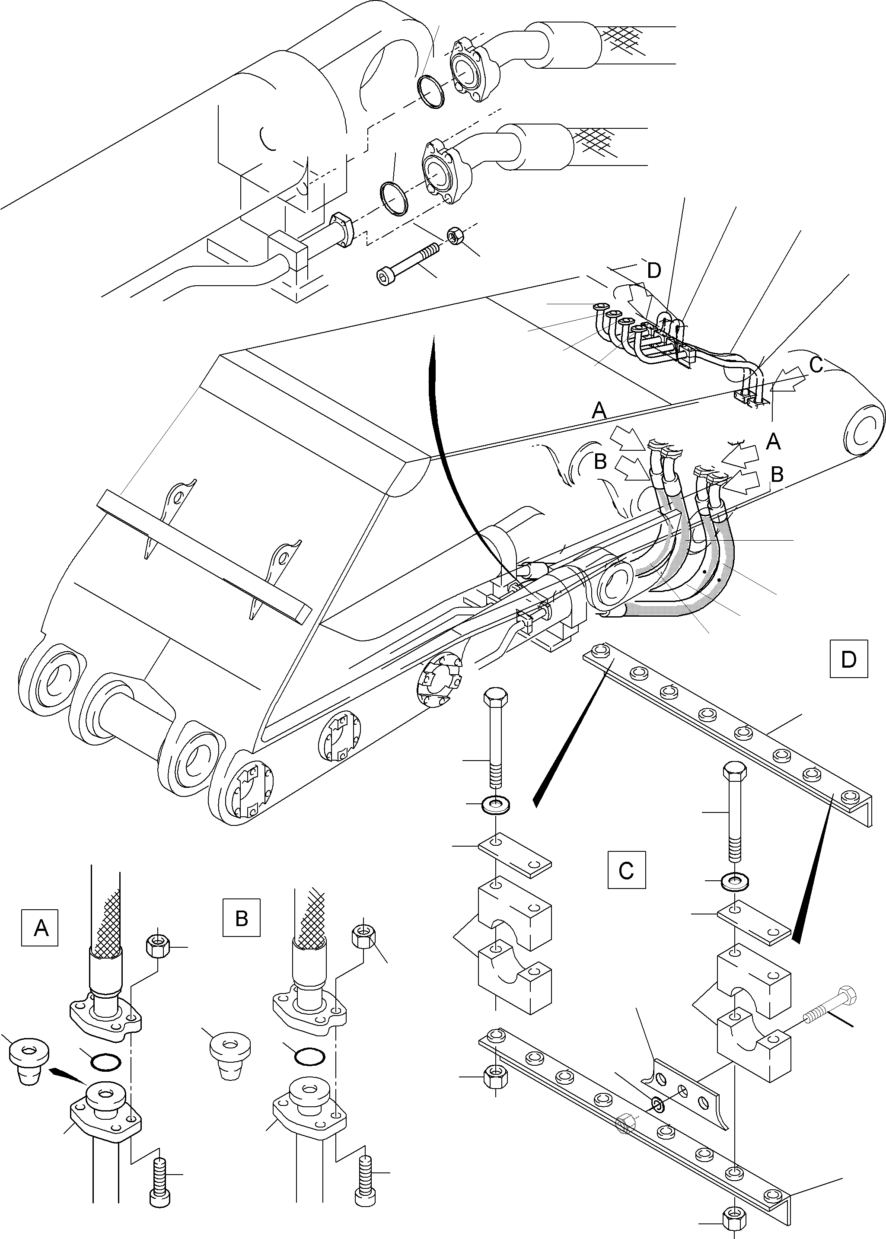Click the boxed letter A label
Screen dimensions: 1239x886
point(40,927)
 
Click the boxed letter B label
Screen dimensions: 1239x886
point(242,918)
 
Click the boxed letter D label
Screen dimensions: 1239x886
point(848,659)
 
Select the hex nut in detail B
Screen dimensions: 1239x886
point(363,937)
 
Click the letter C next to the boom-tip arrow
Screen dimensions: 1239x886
point(816,365)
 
